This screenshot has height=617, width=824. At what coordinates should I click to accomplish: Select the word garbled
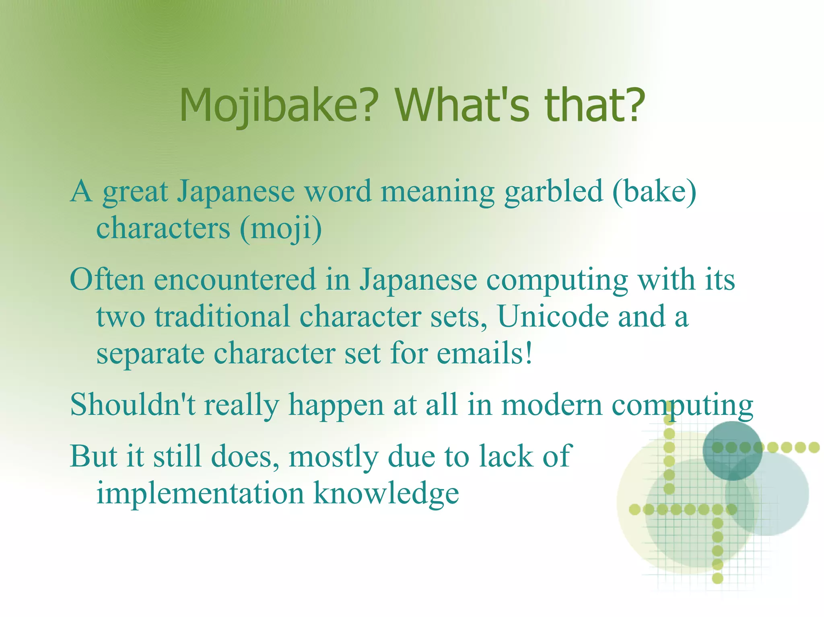[554, 192]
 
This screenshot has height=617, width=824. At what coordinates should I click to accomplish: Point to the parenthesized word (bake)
[654, 191]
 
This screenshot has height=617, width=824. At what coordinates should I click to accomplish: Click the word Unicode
[553, 316]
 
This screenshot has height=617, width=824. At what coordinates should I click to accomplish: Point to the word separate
[150, 354]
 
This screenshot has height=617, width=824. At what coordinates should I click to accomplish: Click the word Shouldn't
[133, 404]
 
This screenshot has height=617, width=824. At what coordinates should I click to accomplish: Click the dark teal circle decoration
[732, 450]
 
